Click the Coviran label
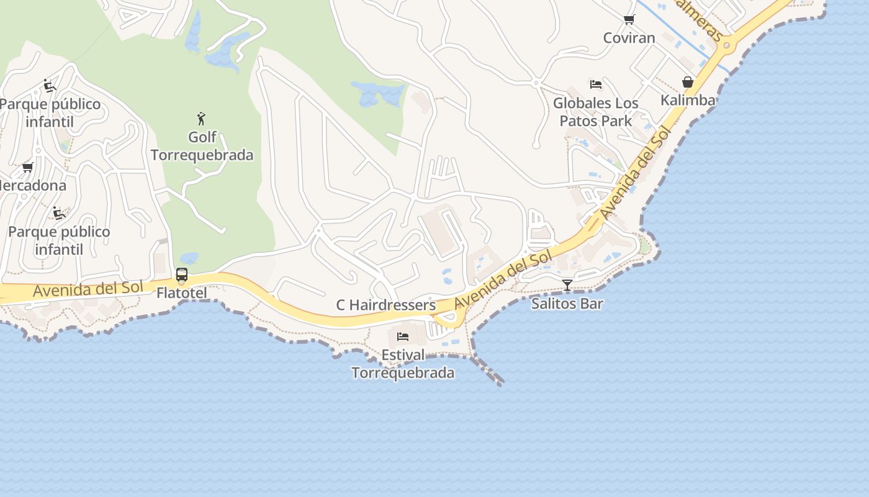[629, 38]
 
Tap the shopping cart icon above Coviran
[629, 19]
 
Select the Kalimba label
[688, 100]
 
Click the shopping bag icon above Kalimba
[688, 82]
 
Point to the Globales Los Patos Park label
[595, 112]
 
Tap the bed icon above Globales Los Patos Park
[596, 84]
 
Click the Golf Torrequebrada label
[202, 145]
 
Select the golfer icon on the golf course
[201, 118]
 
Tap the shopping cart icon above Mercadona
[27, 167]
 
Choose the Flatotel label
[181, 292]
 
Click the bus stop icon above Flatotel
[182, 274]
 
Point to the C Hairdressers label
[385, 305]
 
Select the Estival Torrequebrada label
[403, 363]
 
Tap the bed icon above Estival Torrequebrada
[403, 337]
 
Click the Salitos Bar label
[567, 304]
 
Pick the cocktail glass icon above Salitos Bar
[567, 285]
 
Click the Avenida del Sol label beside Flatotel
[88, 289]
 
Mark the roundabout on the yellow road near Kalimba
[727, 45]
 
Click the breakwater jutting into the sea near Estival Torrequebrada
[488, 372]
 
